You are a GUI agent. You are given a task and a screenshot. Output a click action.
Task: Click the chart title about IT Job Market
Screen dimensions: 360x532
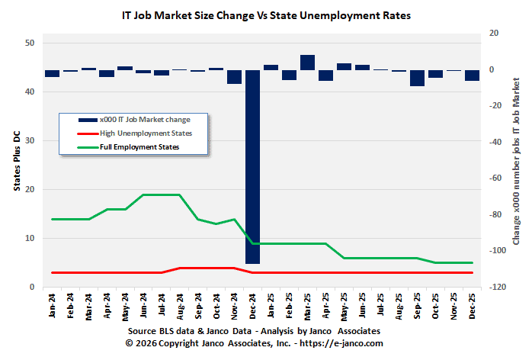click(x=266, y=14)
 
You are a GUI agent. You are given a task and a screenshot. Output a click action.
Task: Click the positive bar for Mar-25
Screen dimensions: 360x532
click(x=307, y=63)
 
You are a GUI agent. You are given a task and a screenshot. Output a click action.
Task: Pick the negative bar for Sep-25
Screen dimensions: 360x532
click(x=417, y=78)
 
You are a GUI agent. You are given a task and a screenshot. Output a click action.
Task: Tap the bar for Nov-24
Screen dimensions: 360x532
click(x=234, y=76)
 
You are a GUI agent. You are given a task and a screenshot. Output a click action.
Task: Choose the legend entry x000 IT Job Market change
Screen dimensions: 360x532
click(x=144, y=120)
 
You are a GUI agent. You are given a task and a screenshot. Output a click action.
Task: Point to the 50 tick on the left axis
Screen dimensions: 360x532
click(x=30, y=43)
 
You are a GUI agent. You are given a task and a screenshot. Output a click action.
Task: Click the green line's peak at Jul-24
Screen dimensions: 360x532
click(x=162, y=194)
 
